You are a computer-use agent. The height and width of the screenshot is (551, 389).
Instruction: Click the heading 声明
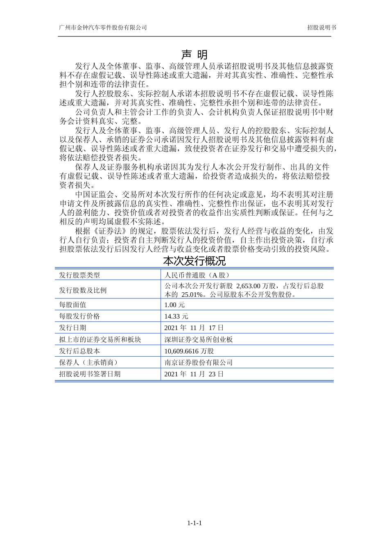(194, 55)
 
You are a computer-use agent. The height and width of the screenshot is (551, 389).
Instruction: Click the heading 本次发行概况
(194, 261)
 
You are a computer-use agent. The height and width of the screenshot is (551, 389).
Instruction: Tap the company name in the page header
(103, 27)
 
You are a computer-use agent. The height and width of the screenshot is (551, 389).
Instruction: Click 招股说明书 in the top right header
(322, 27)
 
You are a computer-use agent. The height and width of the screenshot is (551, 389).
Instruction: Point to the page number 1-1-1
(194, 523)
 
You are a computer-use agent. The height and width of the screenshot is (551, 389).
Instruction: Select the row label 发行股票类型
(79, 275)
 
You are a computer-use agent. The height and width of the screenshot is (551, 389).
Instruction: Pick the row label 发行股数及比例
(83, 290)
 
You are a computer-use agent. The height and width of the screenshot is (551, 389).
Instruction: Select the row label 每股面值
(73, 305)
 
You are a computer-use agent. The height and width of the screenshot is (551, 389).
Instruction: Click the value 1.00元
(174, 305)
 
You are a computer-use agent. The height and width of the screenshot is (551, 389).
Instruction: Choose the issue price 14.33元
(176, 316)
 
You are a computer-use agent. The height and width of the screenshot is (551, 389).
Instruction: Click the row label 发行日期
(73, 328)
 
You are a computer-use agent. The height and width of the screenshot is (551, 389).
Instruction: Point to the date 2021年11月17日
(194, 328)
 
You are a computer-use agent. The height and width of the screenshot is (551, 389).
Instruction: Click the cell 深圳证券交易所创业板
(199, 339)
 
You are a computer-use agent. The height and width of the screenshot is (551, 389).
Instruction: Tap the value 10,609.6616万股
(189, 351)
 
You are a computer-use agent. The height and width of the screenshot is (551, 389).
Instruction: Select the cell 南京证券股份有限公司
(199, 362)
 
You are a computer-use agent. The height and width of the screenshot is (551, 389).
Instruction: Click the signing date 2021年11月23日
(194, 374)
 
